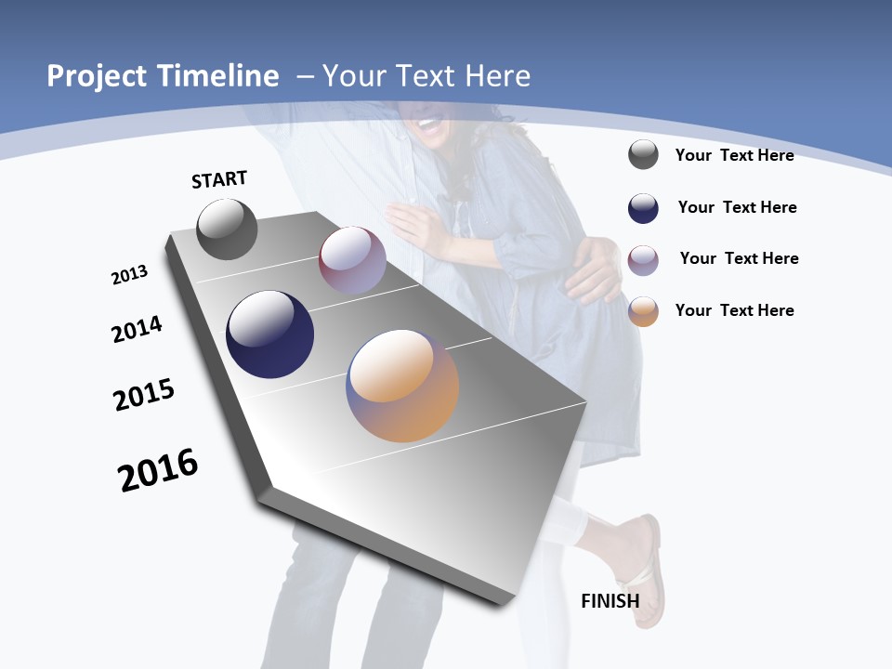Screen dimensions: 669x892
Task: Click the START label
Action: [x=219, y=179]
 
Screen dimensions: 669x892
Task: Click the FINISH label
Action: [x=610, y=600]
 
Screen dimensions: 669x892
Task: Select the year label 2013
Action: [x=129, y=275]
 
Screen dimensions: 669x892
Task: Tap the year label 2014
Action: [x=137, y=329]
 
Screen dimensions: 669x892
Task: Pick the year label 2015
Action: [x=144, y=395]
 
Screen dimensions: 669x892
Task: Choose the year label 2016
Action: [x=158, y=470]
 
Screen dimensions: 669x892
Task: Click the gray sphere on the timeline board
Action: [x=227, y=230]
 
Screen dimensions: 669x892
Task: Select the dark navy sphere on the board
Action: [x=269, y=334]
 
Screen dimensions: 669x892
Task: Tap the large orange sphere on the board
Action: [x=402, y=386]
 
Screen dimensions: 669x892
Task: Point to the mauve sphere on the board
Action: [x=352, y=260]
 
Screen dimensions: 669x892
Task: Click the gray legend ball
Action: [x=643, y=154]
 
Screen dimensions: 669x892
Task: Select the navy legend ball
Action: [x=643, y=208]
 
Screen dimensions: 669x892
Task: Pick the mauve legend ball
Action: [x=643, y=259]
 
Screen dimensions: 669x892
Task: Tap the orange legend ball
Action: [x=643, y=311]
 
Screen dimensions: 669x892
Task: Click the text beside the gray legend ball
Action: [x=734, y=155]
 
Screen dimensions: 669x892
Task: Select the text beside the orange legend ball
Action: [x=734, y=310]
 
